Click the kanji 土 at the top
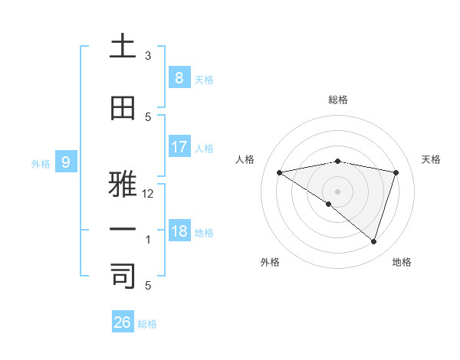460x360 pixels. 123,46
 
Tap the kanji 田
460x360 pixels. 123,109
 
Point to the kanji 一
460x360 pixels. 123,230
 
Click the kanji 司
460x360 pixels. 123,276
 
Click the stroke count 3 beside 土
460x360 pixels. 148,56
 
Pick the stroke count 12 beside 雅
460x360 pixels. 148,194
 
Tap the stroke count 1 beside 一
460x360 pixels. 148,240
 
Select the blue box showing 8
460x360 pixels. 179,77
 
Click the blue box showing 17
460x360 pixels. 179,146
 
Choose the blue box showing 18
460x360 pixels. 179,231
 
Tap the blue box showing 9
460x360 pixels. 66,162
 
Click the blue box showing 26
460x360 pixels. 122,322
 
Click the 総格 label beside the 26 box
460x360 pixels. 147,324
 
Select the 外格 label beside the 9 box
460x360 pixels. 41,163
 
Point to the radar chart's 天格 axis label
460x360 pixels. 432,159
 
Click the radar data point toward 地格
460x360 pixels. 373,242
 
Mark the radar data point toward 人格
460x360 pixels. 279,172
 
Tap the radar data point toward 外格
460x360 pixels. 329,204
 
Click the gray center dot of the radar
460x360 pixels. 337,191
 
